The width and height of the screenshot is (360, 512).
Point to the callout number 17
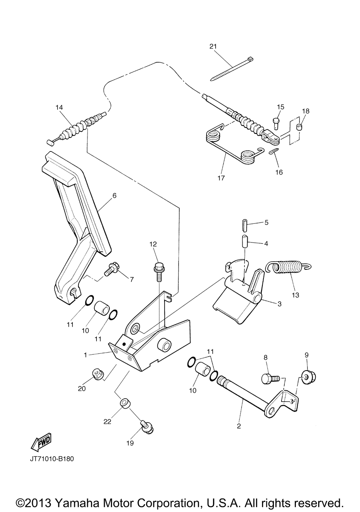[x=221, y=178]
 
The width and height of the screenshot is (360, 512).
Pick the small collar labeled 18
[x=299, y=127]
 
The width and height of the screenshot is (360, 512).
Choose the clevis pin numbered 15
[x=276, y=123]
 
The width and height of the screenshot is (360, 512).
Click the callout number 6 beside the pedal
[x=114, y=195]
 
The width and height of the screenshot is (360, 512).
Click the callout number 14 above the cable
[x=59, y=107]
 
